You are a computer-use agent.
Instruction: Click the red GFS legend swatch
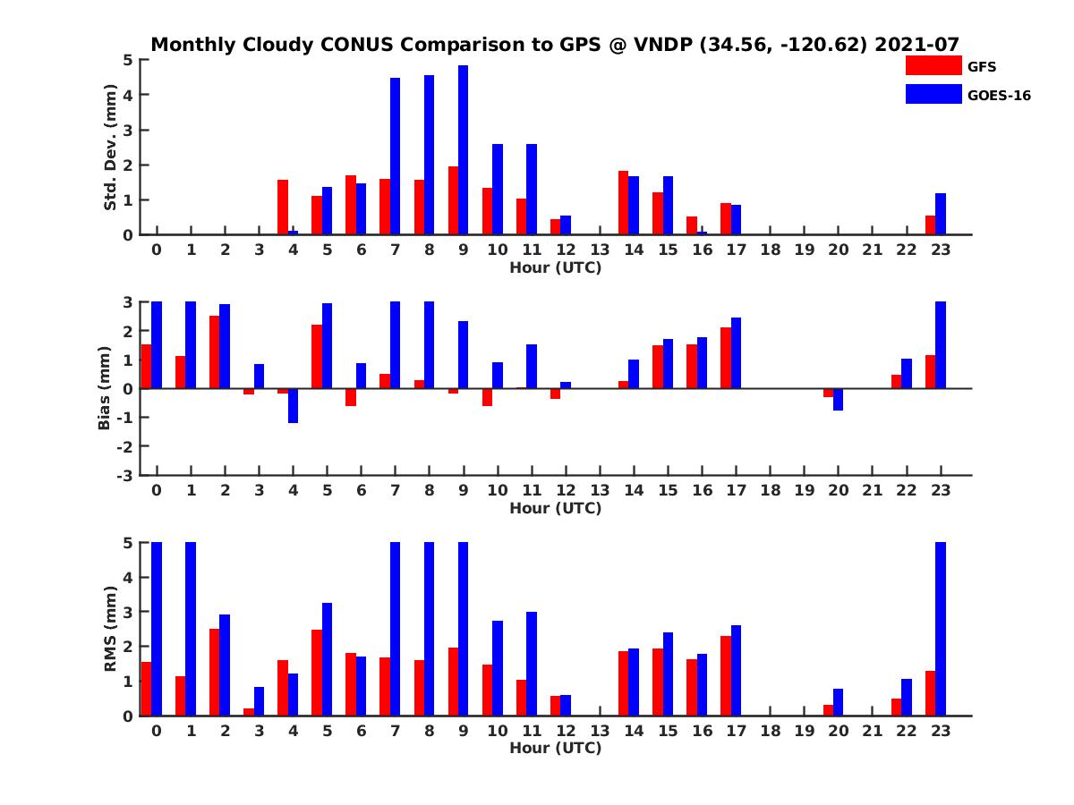933,65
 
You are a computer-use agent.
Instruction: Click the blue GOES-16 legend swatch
933,94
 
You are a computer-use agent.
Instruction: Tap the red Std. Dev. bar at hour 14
623,203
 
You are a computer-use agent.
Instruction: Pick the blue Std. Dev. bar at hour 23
941,214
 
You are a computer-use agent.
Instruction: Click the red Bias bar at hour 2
215,352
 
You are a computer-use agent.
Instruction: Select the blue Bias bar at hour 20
839,399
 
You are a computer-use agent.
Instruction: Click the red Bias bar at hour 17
726,358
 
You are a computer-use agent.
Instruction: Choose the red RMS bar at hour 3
249,712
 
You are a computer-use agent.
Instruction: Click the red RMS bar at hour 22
896,707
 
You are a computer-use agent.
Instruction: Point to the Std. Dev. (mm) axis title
111,148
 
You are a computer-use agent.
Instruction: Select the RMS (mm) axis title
111,629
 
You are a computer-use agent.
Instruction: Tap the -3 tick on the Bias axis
124,475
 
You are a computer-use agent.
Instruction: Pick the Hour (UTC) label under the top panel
555,267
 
